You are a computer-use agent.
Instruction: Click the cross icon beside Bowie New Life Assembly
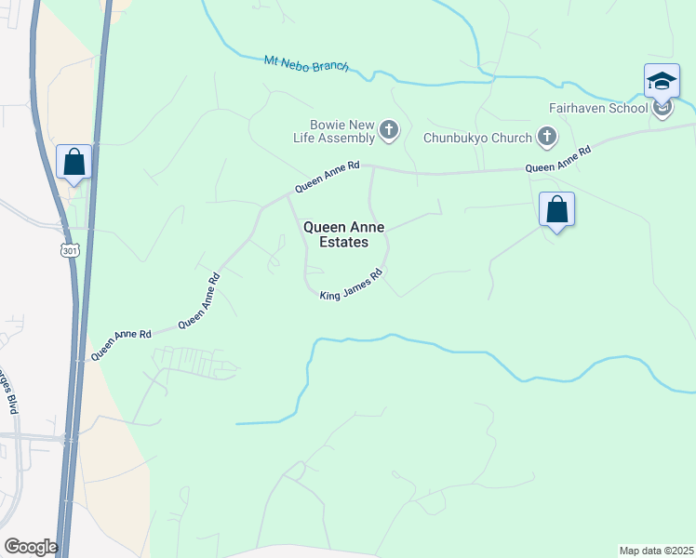(x=389, y=130)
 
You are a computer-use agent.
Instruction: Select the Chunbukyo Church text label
(x=477, y=139)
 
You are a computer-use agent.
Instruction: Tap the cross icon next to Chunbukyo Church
(x=547, y=138)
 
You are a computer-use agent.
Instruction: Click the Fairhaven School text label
(x=597, y=108)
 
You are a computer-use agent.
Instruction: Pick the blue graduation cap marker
(x=662, y=81)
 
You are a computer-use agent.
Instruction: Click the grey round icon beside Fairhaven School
(x=663, y=110)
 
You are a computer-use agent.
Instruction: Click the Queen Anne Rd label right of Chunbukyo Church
(x=557, y=159)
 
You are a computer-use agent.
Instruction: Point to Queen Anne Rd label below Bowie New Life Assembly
(x=328, y=177)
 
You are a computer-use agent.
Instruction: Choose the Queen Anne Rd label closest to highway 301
(x=120, y=344)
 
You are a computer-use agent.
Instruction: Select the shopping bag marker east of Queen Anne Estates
(x=556, y=209)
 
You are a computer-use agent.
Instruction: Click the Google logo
(x=31, y=546)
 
